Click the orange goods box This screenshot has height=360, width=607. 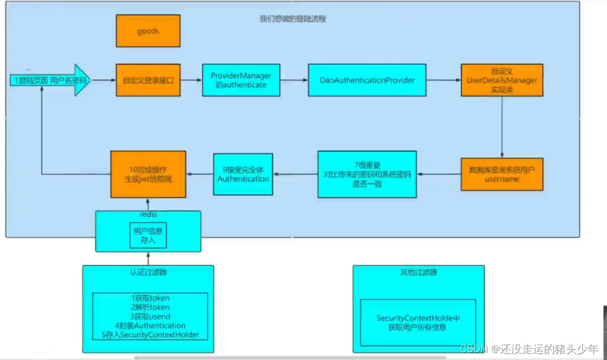(x=148, y=31)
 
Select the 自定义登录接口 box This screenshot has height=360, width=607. (x=148, y=81)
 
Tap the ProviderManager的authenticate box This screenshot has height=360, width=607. (x=241, y=81)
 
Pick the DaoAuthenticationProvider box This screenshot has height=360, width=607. (x=367, y=81)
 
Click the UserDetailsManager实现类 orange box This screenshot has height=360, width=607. (x=502, y=81)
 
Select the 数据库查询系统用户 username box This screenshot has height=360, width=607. (x=502, y=174)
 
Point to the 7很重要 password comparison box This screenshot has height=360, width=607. (x=367, y=174)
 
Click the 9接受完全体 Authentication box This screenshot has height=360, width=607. (x=243, y=174)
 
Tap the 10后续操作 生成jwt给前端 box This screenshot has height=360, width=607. (x=148, y=174)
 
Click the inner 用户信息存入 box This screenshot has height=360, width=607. (x=148, y=236)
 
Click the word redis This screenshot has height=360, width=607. (x=148, y=215)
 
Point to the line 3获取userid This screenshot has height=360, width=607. (x=150, y=317)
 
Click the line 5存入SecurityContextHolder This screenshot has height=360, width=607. (x=150, y=334)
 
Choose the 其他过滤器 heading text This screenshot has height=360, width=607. (x=418, y=272)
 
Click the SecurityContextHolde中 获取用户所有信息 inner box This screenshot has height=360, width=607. (x=418, y=323)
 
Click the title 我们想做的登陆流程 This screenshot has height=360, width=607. (x=293, y=19)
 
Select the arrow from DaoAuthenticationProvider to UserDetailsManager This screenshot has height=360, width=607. (x=443, y=81)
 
